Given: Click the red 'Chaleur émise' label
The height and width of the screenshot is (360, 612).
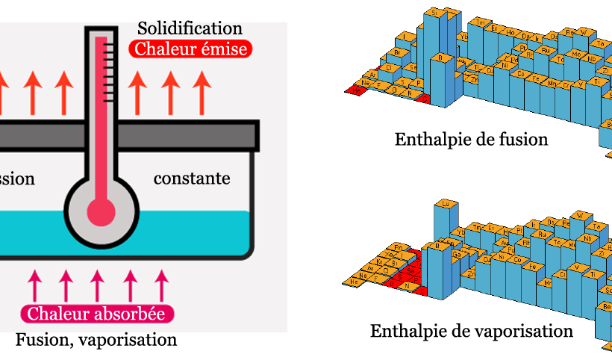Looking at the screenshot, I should pyautogui.click(x=190, y=49).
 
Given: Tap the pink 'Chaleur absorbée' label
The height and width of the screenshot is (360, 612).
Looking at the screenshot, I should pyautogui.click(x=96, y=314).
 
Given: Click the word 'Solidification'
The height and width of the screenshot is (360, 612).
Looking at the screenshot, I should pyautogui.click(x=190, y=28).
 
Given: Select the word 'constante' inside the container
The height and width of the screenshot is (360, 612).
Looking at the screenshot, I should pyautogui.click(x=192, y=179).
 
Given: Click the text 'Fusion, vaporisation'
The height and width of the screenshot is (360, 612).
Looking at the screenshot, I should pyautogui.click(x=96, y=341).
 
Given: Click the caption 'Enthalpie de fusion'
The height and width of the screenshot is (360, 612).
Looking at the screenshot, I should pyautogui.click(x=471, y=139).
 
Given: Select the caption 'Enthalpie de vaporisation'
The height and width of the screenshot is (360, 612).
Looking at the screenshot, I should pyautogui.click(x=472, y=330).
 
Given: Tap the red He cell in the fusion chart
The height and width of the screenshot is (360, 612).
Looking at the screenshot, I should pyautogui.click(x=356, y=90).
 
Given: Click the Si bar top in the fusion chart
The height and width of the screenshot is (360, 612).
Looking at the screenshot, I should pyautogui.click(x=433, y=13).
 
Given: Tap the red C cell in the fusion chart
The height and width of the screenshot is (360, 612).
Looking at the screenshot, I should pyautogui.click(x=424, y=98).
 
